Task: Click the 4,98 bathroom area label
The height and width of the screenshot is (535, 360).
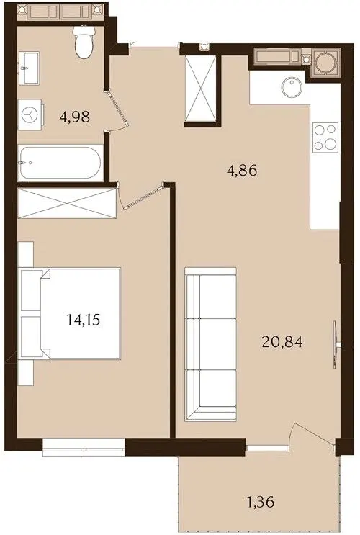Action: (75, 117)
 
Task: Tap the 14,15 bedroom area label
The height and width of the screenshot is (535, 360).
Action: (84, 320)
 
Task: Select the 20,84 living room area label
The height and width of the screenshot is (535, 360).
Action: (282, 341)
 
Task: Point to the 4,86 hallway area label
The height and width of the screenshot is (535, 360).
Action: (242, 170)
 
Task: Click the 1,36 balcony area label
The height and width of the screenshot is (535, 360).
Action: (261, 502)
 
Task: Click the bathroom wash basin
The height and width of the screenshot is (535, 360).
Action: (29, 68)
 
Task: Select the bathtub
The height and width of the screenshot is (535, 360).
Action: (60, 163)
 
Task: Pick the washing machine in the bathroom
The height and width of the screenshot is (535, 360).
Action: (30, 114)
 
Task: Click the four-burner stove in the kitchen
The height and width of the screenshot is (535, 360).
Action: (325, 138)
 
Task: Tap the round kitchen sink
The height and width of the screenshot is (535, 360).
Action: (292, 87)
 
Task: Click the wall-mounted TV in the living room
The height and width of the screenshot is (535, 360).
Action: (336, 344)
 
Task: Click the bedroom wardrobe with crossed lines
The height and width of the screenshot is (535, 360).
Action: (67, 203)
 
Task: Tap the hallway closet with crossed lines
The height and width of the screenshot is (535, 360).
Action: (200, 89)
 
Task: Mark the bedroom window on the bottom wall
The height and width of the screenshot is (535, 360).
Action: (84, 446)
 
